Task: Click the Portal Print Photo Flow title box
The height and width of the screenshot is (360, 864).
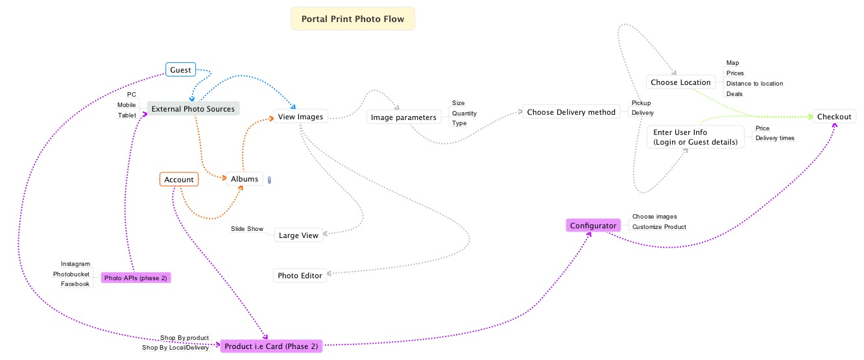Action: click(x=353, y=19)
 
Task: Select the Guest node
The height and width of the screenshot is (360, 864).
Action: click(x=180, y=70)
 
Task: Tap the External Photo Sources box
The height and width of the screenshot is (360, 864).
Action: click(x=193, y=109)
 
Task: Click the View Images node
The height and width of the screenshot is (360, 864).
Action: click(x=300, y=117)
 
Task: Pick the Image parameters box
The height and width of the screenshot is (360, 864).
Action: click(x=403, y=117)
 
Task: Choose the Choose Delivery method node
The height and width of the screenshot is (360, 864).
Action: click(x=571, y=112)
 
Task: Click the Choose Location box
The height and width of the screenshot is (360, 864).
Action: click(x=681, y=82)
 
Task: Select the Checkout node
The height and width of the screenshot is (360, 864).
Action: click(x=834, y=117)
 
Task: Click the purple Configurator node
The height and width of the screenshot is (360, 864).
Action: click(x=593, y=226)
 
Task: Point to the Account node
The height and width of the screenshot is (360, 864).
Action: click(x=179, y=180)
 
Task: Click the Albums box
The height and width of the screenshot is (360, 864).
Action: click(x=245, y=179)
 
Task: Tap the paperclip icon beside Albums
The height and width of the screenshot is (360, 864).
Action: click(x=269, y=180)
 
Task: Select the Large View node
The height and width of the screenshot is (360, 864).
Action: click(x=298, y=235)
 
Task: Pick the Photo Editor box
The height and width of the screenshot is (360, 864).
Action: click(x=300, y=276)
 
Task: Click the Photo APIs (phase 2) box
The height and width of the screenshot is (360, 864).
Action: click(x=136, y=278)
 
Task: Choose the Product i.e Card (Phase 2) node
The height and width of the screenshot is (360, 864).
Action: click(x=271, y=346)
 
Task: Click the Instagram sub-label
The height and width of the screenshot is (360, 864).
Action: click(x=75, y=264)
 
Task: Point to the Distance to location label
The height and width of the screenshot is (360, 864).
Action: click(x=754, y=84)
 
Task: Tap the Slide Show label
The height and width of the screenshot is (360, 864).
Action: click(x=247, y=229)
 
